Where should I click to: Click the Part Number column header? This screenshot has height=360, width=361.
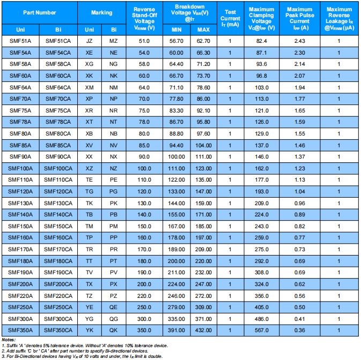[x=39, y=12]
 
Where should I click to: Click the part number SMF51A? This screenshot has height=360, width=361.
[x=21, y=41]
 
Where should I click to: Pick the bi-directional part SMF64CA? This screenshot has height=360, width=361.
[x=58, y=87]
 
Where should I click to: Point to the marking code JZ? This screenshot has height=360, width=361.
[x=89, y=41]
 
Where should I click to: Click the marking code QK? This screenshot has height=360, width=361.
[x=113, y=330]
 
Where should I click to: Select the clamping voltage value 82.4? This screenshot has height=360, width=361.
[x=261, y=41]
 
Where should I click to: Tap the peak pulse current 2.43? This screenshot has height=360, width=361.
[x=300, y=41]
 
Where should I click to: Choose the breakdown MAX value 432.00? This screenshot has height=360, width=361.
[x=203, y=330]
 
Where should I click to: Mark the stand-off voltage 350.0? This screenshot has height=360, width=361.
[x=144, y=330]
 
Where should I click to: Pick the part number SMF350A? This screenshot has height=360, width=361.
[x=21, y=330]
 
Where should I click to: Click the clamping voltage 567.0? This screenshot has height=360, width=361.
[x=261, y=330]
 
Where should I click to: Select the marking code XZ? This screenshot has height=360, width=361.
[x=89, y=168]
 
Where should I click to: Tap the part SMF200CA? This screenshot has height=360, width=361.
[x=58, y=284]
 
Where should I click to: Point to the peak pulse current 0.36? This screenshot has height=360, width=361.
[x=300, y=330]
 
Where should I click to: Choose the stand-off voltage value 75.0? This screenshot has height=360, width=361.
[x=144, y=110]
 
